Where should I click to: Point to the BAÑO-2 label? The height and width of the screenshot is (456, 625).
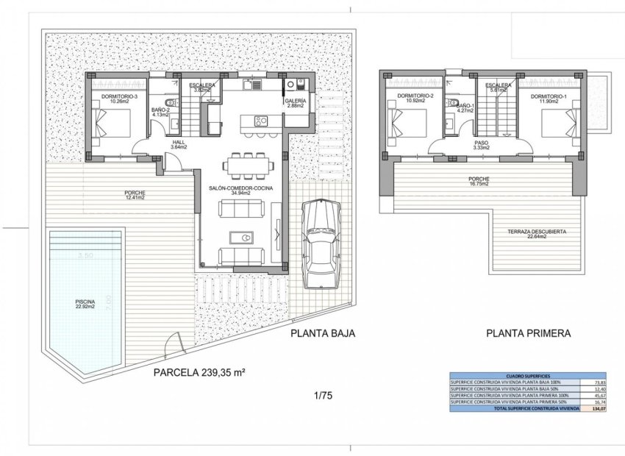161,112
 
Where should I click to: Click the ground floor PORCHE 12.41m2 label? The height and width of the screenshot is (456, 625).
135,196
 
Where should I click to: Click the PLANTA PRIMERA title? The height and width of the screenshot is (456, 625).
527,333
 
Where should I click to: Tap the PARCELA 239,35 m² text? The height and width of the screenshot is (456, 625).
199,373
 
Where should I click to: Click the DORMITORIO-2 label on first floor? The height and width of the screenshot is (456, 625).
414,97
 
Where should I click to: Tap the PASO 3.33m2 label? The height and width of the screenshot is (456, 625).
482,145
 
